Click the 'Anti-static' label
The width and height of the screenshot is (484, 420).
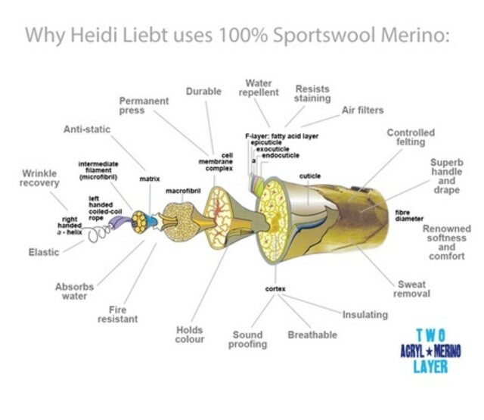[x=86, y=129]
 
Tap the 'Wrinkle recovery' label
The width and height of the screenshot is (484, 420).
[x=39, y=179]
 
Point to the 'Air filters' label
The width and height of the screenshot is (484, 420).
[x=363, y=110]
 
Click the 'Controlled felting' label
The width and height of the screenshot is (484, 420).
[x=411, y=138]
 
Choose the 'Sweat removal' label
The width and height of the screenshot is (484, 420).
[x=412, y=289]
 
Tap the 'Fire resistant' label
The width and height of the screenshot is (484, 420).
[x=118, y=314]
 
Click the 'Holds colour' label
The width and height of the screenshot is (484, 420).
[x=190, y=334]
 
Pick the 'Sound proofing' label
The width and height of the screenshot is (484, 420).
[x=249, y=339]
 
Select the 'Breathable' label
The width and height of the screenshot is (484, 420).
[x=312, y=334]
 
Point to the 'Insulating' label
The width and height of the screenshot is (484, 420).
[x=365, y=314]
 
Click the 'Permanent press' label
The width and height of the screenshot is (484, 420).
[x=144, y=105]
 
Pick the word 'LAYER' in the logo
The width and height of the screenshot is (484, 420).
[x=430, y=366]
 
